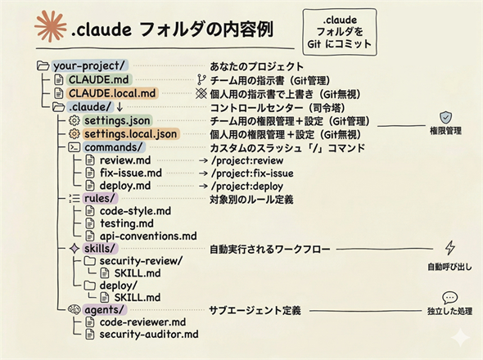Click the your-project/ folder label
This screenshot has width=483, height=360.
[89, 66]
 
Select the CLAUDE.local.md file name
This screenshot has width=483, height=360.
[113, 93]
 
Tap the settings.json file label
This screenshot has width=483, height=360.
[116, 120]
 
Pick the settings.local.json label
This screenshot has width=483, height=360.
[130, 133]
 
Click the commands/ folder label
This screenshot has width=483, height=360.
[114, 147]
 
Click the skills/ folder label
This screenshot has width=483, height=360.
[101, 248]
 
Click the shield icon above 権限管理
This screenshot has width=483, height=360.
[445, 117]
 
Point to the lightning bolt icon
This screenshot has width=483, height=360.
[449, 248]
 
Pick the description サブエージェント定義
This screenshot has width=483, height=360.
[255, 310]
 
